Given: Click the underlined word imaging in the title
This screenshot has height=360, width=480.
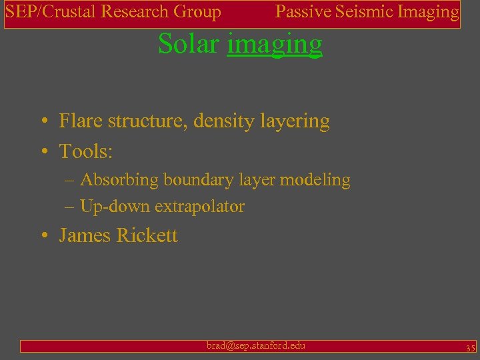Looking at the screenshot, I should pos(275,45).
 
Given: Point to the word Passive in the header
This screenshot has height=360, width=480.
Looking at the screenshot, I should pos(299,11).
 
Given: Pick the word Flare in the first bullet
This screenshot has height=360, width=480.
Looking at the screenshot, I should pos(78,121).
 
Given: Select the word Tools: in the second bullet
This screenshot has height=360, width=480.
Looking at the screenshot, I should pos(86,151).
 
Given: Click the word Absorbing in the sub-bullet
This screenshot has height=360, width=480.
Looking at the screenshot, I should pos(119,180).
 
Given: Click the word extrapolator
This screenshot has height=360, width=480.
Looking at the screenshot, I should pos(199,207).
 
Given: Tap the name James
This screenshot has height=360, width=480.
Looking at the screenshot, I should pos(85,235).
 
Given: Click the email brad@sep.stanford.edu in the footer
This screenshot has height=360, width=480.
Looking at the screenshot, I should pos(256,345).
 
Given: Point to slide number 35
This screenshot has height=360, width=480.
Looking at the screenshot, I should pos(470,347).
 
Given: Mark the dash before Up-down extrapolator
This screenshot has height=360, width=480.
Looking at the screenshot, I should pos(70,207).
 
